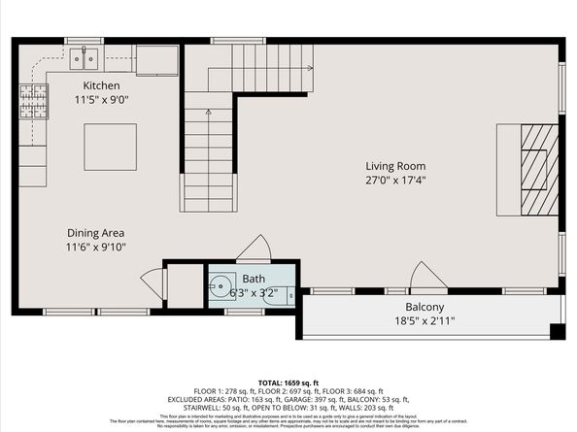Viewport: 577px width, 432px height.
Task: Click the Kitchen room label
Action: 102,85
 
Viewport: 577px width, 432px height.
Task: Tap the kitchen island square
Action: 103,147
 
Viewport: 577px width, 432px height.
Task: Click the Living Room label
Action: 397,165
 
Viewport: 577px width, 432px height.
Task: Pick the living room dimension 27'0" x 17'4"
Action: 397,180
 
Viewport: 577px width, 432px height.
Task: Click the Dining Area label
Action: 95,233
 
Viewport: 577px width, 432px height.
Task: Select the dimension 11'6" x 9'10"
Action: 95,247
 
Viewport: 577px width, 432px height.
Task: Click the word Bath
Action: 254,279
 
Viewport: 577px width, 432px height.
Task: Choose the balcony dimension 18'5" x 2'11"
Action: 424,320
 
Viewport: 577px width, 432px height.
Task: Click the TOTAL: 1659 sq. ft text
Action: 288,382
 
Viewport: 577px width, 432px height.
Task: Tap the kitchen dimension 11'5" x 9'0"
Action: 102,99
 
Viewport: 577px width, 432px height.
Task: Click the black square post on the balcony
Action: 557,331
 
